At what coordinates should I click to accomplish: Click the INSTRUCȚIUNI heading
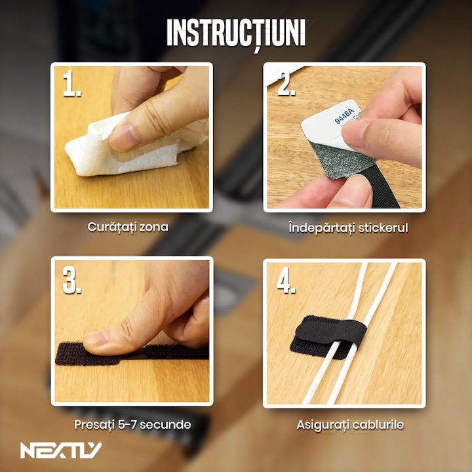click(236, 33)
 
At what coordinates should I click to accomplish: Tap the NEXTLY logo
click(61, 450)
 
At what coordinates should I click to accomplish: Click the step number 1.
click(71, 83)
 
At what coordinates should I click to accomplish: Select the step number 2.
click(286, 83)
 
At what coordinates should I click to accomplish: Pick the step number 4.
click(286, 280)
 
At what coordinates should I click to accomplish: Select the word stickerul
click(383, 228)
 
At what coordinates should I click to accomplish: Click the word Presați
click(94, 425)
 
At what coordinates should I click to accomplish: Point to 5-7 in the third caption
click(127, 424)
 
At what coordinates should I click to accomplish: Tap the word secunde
click(165, 424)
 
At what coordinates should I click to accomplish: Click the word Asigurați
click(323, 425)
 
